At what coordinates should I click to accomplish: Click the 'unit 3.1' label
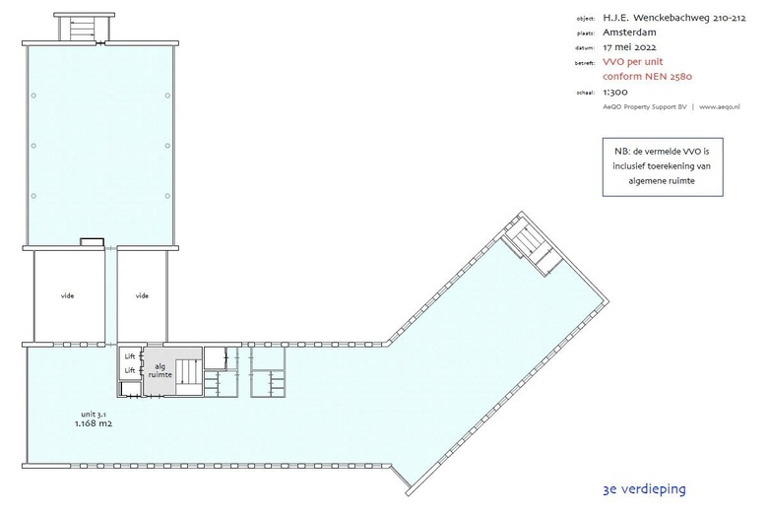pyautogui.click(x=94, y=414)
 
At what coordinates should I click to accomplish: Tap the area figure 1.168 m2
pyautogui.click(x=94, y=423)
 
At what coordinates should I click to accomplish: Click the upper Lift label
pyautogui.click(x=130, y=356)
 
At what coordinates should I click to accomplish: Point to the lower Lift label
pyautogui.click(x=130, y=370)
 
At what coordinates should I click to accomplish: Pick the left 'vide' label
pyautogui.click(x=67, y=295)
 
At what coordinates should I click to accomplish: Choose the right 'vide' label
pyautogui.click(x=142, y=295)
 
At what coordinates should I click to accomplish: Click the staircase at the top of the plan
pyautogui.click(x=83, y=29)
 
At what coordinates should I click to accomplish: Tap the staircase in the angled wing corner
pyautogui.click(x=534, y=246)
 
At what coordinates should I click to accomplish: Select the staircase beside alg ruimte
pyautogui.click(x=189, y=372)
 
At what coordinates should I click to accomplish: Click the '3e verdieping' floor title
pyautogui.click(x=645, y=489)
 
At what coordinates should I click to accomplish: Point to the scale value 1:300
pyautogui.click(x=615, y=92)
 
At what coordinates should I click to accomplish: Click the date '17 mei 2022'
pyautogui.click(x=629, y=47)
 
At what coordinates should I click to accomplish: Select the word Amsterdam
pyautogui.click(x=629, y=32)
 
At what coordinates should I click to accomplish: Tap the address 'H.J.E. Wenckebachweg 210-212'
pyautogui.click(x=674, y=18)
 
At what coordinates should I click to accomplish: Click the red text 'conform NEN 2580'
pyautogui.click(x=648, y=77)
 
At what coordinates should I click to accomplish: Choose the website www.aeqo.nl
pyautogui.click(x=720, y=106)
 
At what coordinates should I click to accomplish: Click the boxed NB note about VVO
pyautogui.click(x=663, y=166)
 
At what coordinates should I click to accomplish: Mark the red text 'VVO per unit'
pyautogui.click(x=633, y=62)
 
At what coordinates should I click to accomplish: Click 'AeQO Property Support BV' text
pyautogui.click(x=645, y=106)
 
